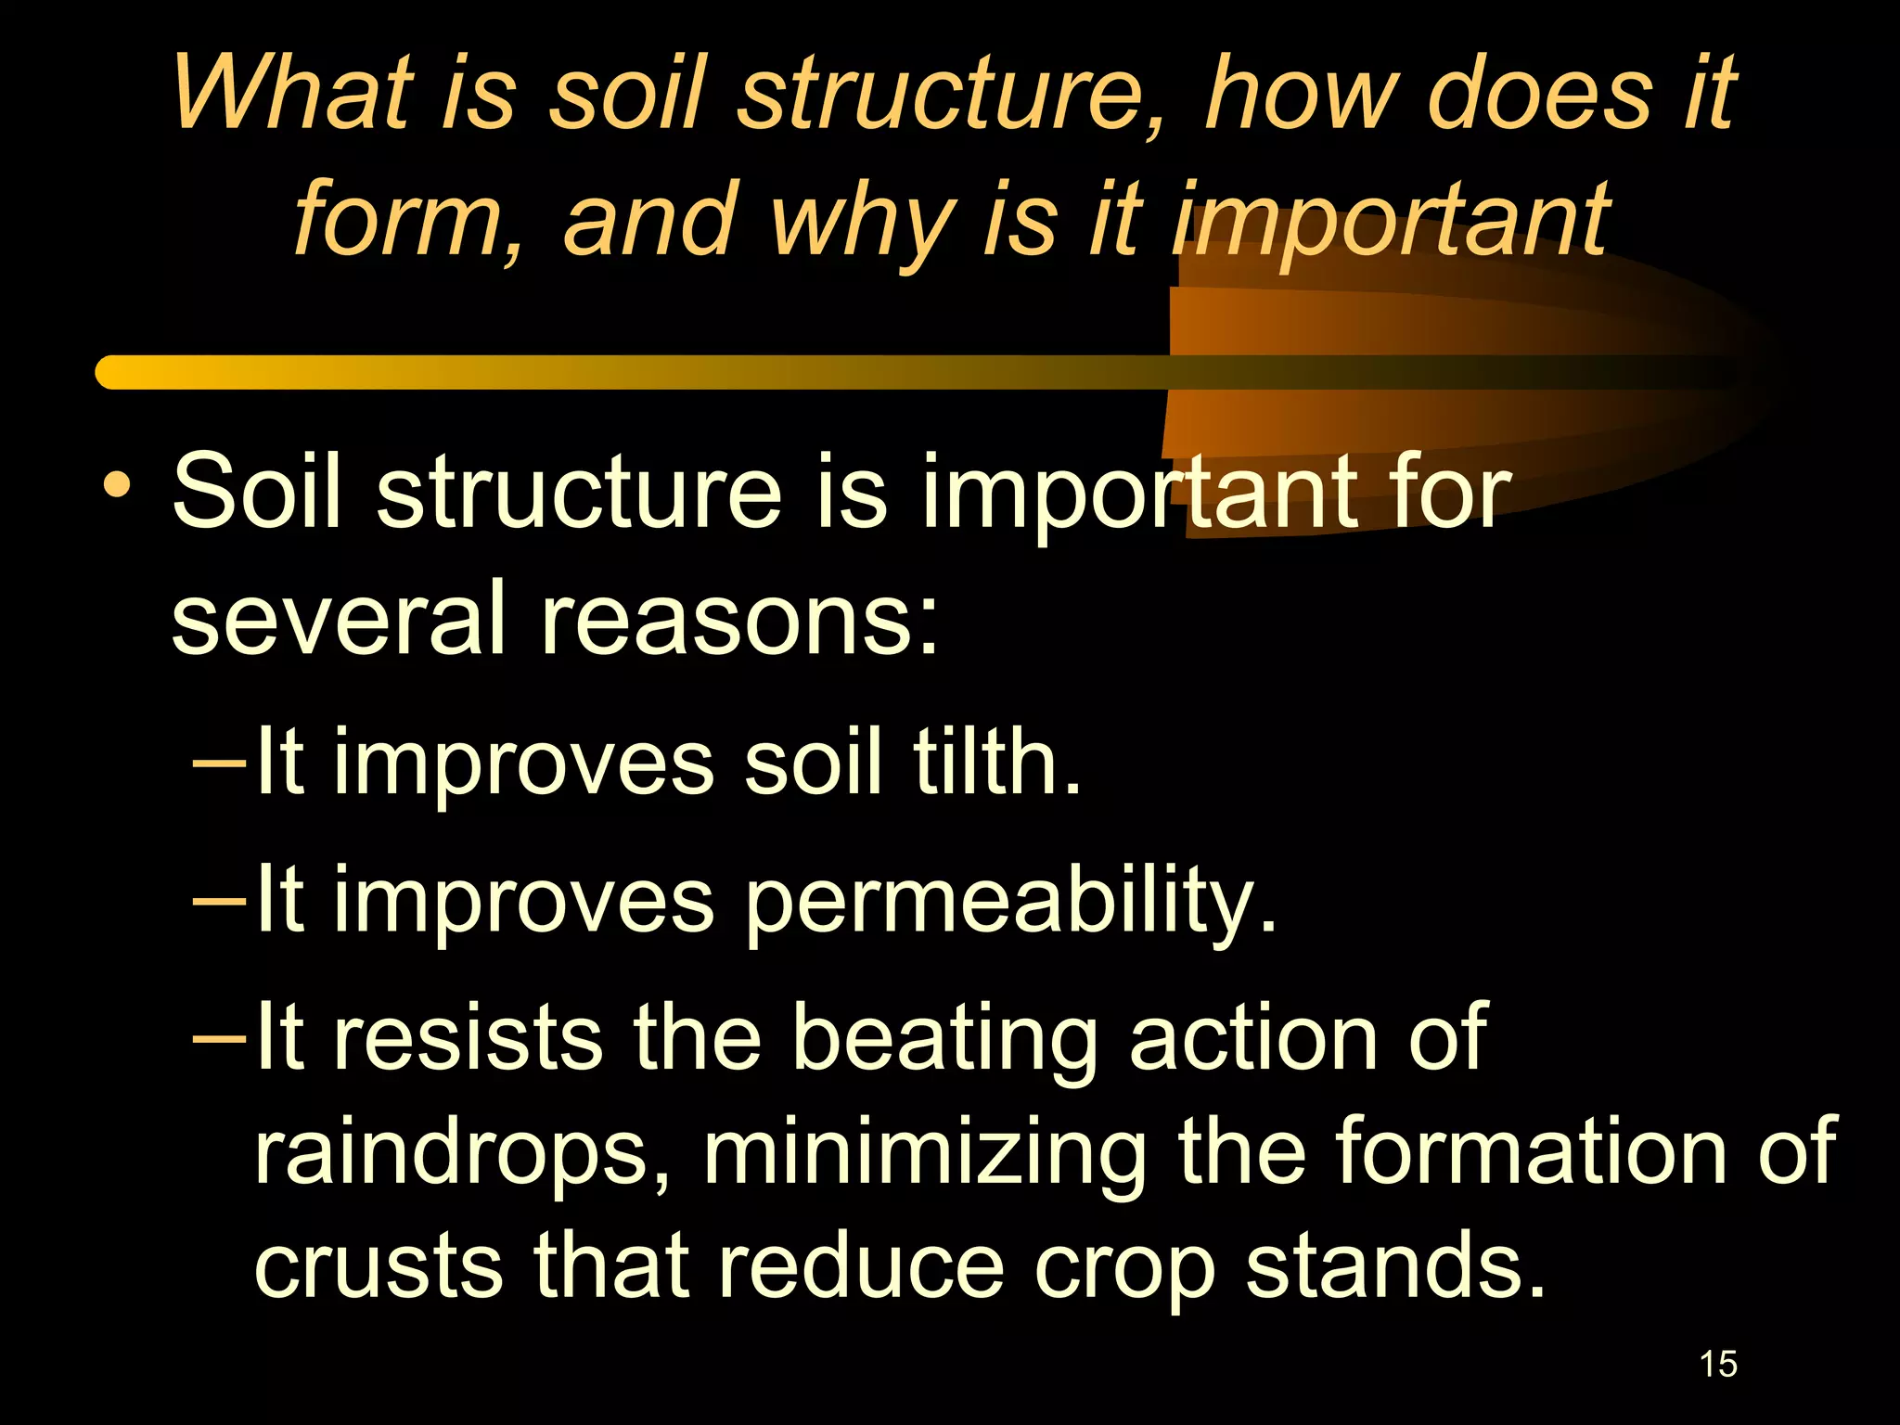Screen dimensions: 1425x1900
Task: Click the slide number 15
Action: click(x=1718, y=1365)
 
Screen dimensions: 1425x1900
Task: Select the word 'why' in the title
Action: click(x=863, y=223)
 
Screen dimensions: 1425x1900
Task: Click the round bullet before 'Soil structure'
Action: click(x=117, y=486)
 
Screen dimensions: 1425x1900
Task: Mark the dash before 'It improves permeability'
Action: click(x=219, y=901)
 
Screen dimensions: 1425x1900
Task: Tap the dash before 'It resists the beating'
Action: click(x=219, y=1039)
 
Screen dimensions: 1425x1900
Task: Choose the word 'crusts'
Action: click(x=379, y=1267)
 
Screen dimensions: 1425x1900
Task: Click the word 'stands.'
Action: click(x=1395, y=1267)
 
